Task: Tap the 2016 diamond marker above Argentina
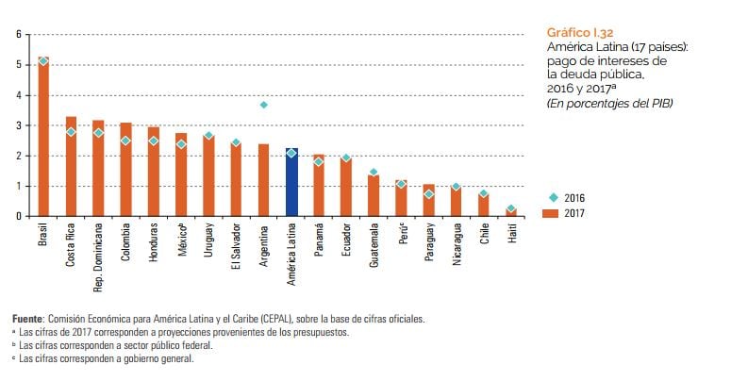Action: (x=264, y=105)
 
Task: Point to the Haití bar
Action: (x=511, y=212)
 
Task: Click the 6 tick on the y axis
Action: (x=17, y=35)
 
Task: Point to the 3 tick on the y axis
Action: (x=17, y=125)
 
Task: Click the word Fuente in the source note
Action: (x=28, y=319)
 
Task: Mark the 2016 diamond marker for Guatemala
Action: (x=374, y=172)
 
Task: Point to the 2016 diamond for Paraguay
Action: (x=429, y=194)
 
